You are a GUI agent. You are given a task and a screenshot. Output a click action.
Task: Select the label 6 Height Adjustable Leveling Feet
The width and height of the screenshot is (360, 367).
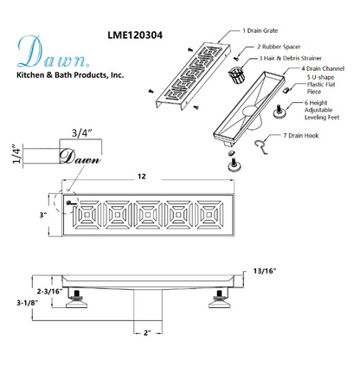(328, 113)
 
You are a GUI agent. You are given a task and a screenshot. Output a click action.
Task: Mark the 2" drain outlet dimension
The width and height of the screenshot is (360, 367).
(149, 332)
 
